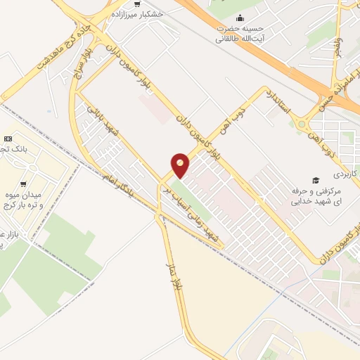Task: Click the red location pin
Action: (x=181, y=165)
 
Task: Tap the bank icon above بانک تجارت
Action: (x=8, y=139)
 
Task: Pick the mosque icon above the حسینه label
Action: (x=242, y=18)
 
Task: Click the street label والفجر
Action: (x=338, y=46)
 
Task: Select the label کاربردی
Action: (x=345, y=172)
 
